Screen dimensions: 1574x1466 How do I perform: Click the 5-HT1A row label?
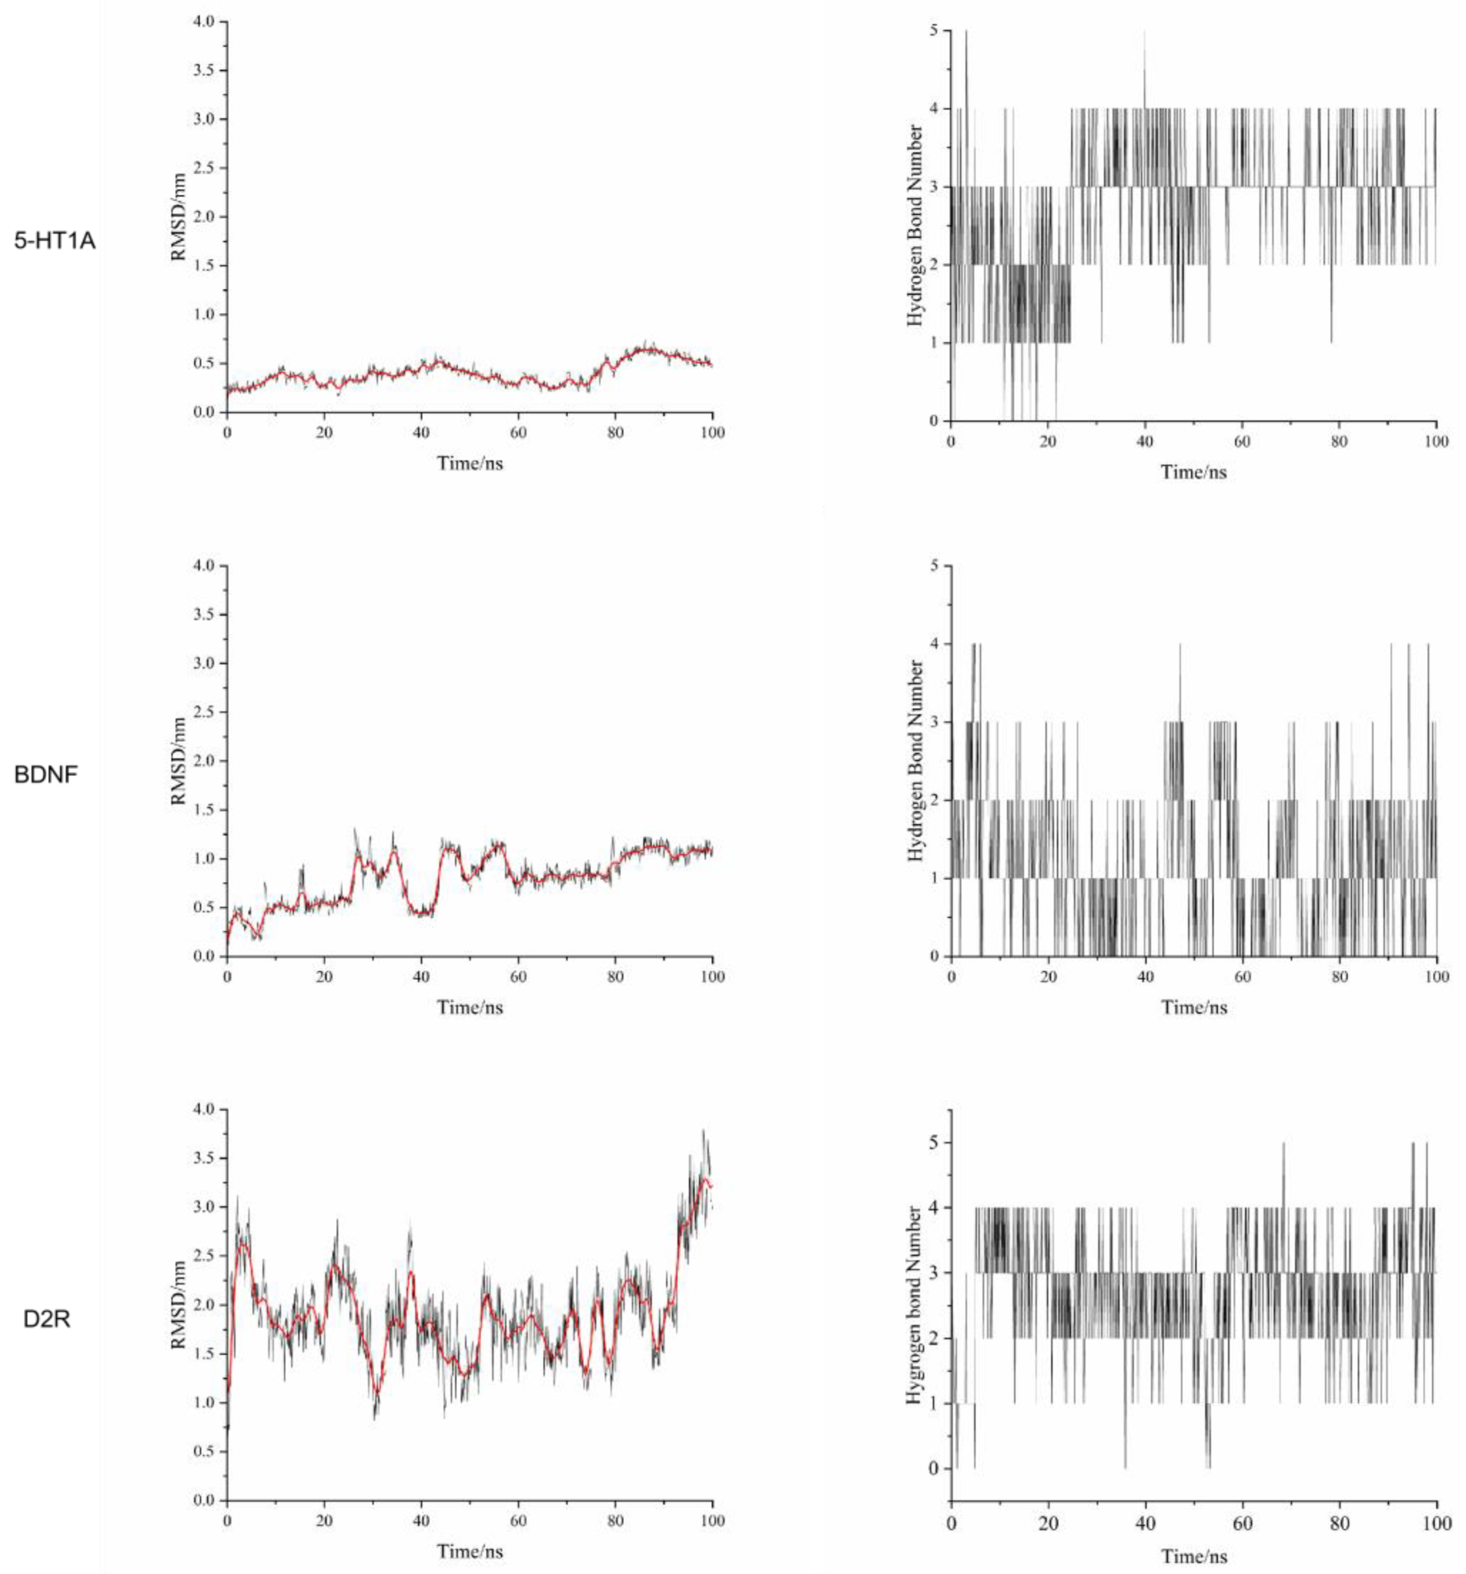pos(55,241)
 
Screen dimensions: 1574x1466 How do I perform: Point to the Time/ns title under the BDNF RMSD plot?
pos(470,1007)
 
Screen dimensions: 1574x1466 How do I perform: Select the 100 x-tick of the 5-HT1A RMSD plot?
pos(713,432)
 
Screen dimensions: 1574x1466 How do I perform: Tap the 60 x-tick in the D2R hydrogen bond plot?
pos(1243,1523)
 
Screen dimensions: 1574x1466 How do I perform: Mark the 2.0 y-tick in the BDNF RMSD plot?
pos(204,761)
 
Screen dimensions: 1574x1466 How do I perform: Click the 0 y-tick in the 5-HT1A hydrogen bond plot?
pos(934,421)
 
